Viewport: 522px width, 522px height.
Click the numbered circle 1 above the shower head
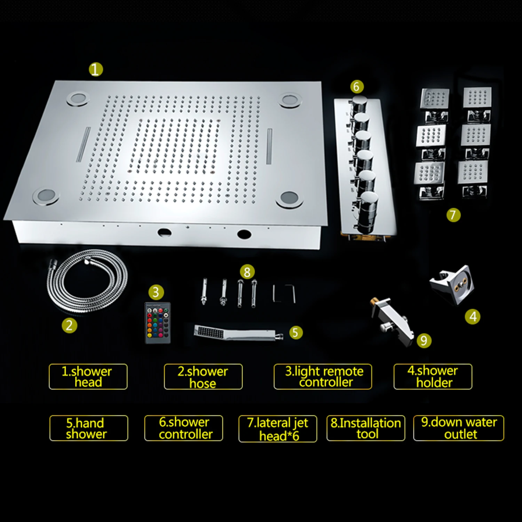pos(96,70)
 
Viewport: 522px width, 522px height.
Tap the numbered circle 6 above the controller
pos(356,86)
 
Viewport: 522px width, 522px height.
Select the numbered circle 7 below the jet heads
pos(453,215)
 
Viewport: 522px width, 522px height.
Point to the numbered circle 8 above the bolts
pos(247,272)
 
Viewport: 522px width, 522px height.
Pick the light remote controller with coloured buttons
pos(158,323)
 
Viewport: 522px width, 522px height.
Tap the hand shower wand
pos(237,332)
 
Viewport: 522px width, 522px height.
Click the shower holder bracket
pos(452,285)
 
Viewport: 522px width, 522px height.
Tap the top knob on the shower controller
pos(358,105)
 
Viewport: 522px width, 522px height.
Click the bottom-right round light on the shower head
pos(288,199)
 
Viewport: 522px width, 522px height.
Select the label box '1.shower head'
pos(88,377)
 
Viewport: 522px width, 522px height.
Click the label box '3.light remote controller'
pos(323,377)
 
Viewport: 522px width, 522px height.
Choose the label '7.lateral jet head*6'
pos(278,429)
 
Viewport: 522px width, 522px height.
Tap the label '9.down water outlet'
pos(459,428)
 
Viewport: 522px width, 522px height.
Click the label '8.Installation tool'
pos(366,428)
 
